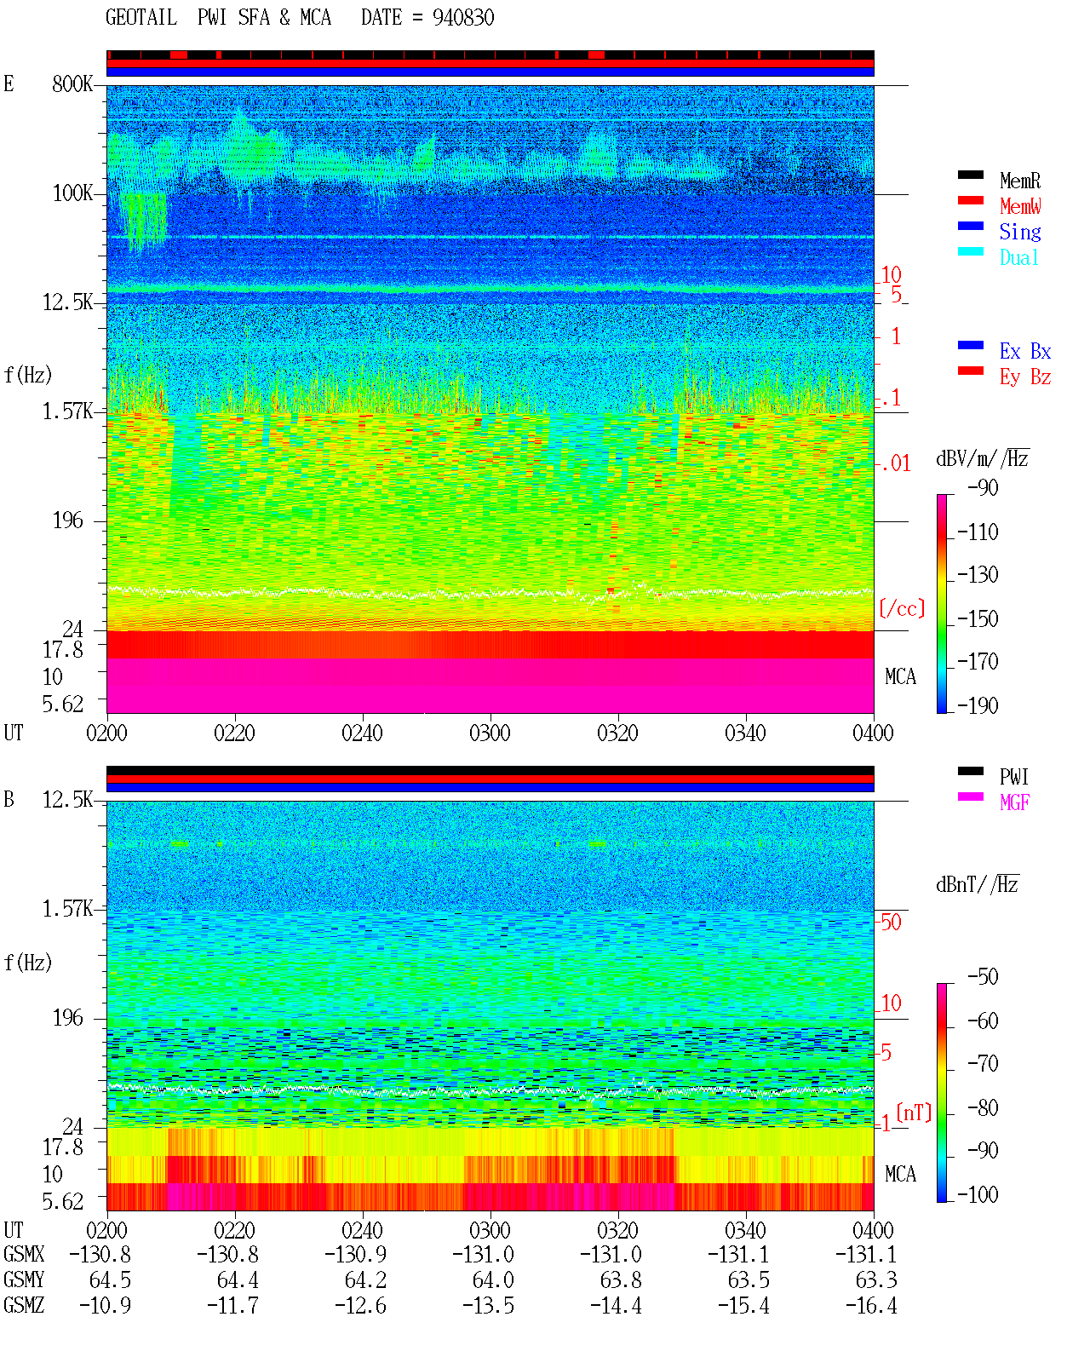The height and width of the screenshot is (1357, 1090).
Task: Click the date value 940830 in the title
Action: (462, 18)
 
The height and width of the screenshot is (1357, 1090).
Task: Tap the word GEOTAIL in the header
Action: (141, 18)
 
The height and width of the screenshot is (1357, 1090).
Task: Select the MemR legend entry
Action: (1019, 181)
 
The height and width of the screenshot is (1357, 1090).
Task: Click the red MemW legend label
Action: (1019, 206)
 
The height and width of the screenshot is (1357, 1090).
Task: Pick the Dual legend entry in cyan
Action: (1018, 257)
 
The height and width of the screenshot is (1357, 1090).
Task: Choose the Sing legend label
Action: (1019, 232)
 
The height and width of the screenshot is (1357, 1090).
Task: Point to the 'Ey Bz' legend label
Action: (1025, 377)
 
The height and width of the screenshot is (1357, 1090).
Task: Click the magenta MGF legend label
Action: (1014, 802)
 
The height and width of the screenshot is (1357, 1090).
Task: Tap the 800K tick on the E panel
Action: (72, 83)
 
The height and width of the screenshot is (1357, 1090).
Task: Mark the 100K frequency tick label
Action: (72, 193)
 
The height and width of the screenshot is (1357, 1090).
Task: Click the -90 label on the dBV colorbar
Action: (983, 487)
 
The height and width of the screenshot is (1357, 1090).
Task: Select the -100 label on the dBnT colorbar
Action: (978, 1194)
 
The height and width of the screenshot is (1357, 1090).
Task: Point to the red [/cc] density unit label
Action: (902, 608)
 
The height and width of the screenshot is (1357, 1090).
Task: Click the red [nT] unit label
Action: (914, 1113)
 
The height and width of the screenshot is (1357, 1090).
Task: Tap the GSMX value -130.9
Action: (356, 1254)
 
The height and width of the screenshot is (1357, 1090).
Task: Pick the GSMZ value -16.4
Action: (870, 1305)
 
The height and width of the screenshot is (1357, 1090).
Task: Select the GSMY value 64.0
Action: (493, 1280)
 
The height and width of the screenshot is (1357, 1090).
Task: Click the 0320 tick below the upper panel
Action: (618, 733)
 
